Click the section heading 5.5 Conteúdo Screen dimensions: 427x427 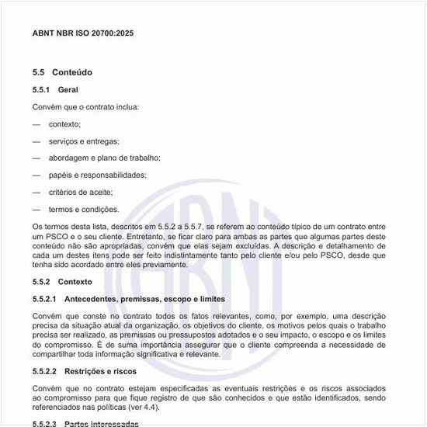[x=62, y=72]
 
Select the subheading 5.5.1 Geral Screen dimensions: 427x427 [x=56, y=90]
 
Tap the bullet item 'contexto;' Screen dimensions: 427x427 [x=64, y=124]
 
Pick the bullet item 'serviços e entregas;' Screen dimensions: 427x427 [x=84, y=141]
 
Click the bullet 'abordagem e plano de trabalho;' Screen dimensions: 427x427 [x=104, y=158]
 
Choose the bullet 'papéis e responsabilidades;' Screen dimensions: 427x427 [x=97, y=175]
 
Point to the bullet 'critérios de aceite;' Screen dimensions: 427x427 [x=81, y=192]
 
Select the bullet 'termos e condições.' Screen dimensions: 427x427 [x=83, y=209]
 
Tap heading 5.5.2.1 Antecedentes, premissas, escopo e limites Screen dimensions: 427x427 [x=129, y=299]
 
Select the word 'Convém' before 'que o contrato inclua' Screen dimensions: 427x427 [x=46, y=107]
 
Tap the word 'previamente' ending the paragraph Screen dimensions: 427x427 [x=165, y=265]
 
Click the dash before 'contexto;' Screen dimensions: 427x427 [x=36, y=124]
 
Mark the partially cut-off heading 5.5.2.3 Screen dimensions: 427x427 [x=85, y=424]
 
